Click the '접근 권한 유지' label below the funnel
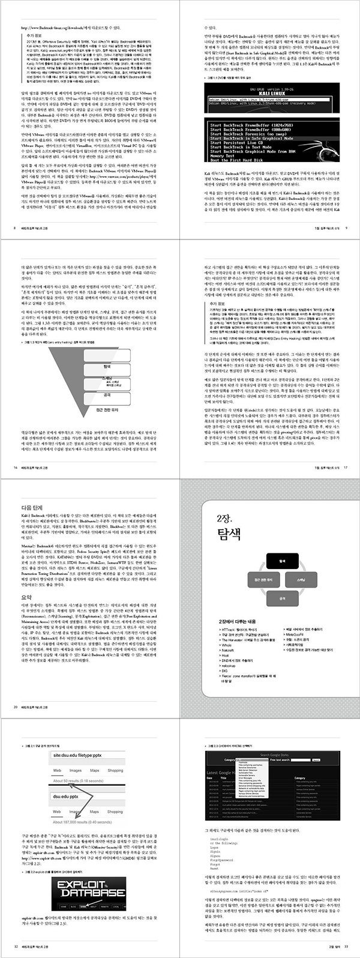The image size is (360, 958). [108, 410]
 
